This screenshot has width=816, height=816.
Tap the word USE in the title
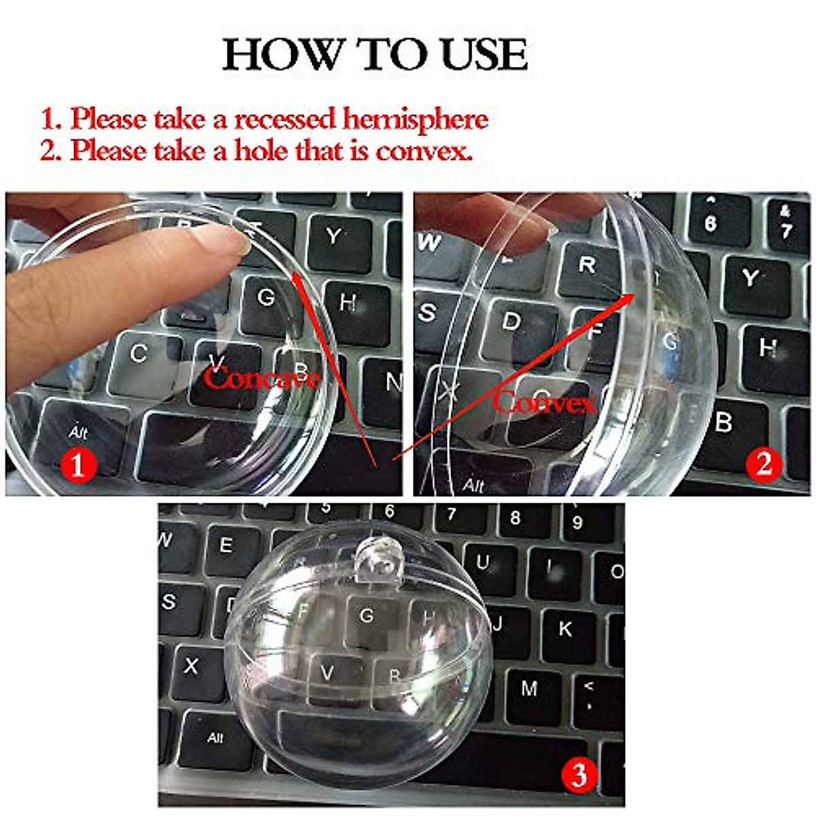(x=484, y=55)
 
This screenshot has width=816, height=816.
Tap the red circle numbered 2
(x=764, y=464)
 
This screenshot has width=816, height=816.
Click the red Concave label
(x=262, y=377)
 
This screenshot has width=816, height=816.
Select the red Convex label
(x=544, y=403)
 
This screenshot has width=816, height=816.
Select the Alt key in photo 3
(x=215, y=738)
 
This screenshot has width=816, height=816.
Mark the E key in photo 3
(x=225, y=546)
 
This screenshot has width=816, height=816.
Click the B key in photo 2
(x=725, y=423)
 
